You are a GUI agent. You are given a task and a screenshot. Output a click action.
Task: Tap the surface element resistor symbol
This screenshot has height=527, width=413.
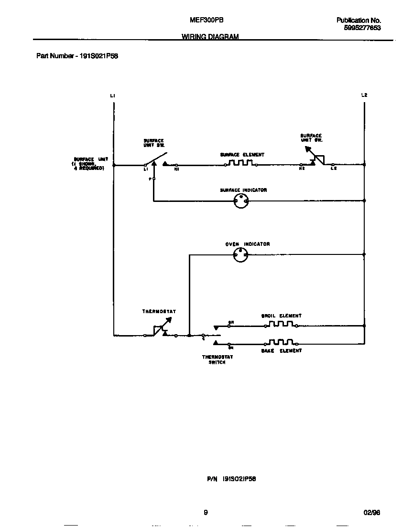coord(241,163)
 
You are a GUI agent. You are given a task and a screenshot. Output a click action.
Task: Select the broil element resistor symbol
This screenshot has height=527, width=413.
coord(281,324)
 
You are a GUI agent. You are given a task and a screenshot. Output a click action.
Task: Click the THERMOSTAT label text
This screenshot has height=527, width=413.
coord(159,312)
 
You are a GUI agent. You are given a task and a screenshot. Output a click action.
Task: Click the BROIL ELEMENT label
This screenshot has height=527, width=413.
coord(281,316)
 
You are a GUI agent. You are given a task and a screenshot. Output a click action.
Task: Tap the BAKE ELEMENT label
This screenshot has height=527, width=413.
coord(281,351)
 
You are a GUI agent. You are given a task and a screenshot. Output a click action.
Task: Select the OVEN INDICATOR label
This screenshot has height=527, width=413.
coord(248,244)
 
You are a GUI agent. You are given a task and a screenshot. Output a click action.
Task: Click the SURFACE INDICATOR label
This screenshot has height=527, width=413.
coord(243,190)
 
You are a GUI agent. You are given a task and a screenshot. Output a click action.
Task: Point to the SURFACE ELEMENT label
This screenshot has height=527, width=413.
coord(242,155)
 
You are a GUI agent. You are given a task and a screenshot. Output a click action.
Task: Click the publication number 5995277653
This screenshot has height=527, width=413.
coord(362,28)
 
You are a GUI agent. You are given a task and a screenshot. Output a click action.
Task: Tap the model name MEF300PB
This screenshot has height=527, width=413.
coord(206,20)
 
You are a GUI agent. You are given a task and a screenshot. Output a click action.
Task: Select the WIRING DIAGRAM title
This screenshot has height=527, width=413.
coord(210,37)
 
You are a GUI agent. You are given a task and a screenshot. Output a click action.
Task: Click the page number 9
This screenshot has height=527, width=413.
coord(206,513)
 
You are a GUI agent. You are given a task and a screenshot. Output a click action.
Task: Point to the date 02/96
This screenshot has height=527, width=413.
coord(371,513)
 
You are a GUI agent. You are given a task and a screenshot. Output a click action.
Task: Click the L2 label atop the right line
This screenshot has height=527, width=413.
coord(364,95)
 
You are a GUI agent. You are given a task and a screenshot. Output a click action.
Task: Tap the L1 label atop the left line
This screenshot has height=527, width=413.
coord(112,96)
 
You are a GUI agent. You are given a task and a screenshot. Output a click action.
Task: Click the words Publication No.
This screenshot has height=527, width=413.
coord(359,21)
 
